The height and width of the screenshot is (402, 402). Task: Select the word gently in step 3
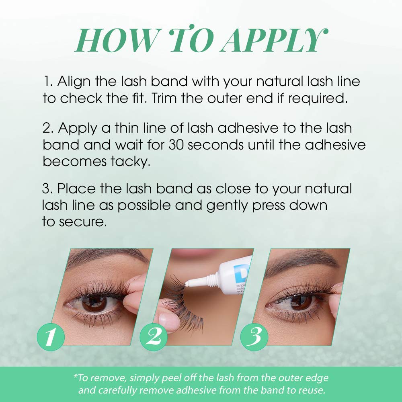pos(227,205)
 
